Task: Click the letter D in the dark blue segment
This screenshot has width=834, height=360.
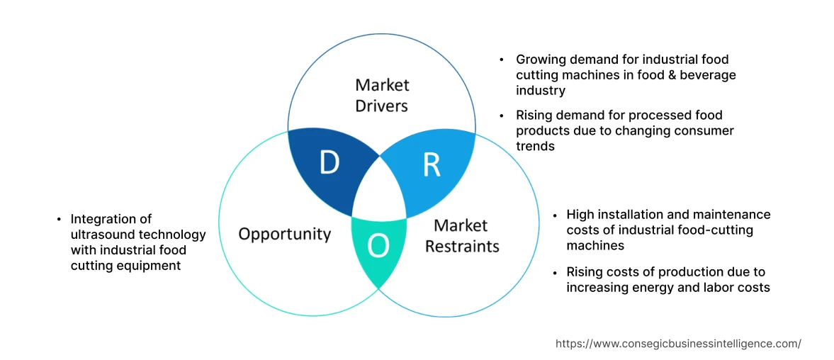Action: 329,163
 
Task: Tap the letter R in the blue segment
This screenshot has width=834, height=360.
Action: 431,164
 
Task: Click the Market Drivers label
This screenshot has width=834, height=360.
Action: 382,95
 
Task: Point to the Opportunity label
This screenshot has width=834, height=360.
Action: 284,234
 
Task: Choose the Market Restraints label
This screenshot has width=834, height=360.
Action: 466,236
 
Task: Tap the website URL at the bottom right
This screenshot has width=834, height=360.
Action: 678,343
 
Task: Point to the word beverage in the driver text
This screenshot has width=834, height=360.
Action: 706,74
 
